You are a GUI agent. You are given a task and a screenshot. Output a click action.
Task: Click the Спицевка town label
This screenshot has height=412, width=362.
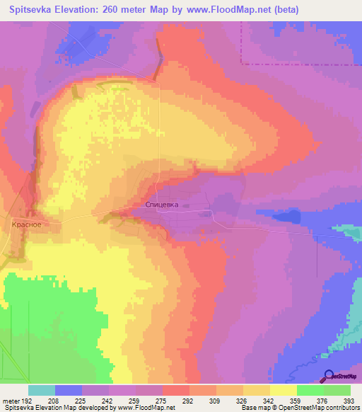tap(162, 205)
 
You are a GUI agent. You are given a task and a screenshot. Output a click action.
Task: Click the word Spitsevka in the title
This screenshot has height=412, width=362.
tap(32, 10)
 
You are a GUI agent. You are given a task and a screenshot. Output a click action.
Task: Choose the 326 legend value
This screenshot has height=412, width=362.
tap(243, 400)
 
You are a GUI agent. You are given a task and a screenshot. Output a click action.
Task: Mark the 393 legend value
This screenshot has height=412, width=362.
tap(350, 400)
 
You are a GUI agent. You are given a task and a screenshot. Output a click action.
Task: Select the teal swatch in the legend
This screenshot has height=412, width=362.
tap(42, 390)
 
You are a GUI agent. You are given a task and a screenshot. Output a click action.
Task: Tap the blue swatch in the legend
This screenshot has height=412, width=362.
tap(69, 390)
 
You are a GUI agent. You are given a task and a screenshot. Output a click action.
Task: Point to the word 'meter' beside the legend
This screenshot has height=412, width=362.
tap(11, 400)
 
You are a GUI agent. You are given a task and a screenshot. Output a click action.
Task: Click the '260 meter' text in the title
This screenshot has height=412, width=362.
tap(118, 10)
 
